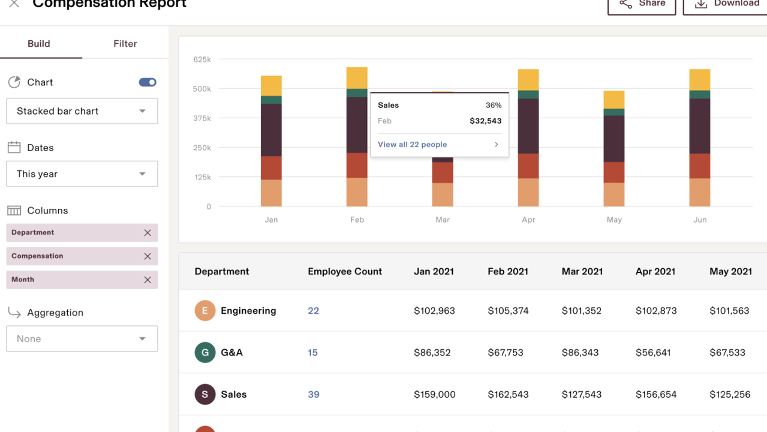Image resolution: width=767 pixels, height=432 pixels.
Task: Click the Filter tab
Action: pos(125,44)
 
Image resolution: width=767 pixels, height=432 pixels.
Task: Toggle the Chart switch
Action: pos(148,82)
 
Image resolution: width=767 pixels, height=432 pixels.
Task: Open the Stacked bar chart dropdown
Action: pos(82,111)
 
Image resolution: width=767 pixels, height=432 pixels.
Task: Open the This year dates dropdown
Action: pos(82,174)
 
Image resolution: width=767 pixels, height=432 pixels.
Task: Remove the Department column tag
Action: pos(148,233)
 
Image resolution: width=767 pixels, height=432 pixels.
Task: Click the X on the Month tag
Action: pos(148,280)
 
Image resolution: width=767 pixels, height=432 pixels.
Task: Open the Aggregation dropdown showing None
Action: pos(82,339)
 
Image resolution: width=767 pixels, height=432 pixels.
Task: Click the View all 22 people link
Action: pos(413,145)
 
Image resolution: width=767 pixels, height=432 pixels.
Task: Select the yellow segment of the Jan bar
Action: pos(271,86)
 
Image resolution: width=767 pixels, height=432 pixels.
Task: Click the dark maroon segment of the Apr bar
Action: pos(528,126)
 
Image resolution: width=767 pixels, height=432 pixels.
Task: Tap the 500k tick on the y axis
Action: pos(202,89)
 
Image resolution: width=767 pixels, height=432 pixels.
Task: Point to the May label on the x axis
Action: pos(614,220)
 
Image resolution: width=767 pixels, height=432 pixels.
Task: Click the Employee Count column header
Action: pos(345,271)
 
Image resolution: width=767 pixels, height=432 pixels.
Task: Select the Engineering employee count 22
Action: pos(313,311)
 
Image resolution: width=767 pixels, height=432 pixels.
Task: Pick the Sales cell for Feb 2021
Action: pos(508,394)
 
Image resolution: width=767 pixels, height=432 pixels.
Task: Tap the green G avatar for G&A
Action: pos(205,352)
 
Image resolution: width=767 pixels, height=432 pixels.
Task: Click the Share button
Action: pos(642,4)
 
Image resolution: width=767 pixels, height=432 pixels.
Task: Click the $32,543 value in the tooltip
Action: pos(485,121)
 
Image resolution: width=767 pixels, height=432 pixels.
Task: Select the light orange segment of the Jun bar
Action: pos(700,192)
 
